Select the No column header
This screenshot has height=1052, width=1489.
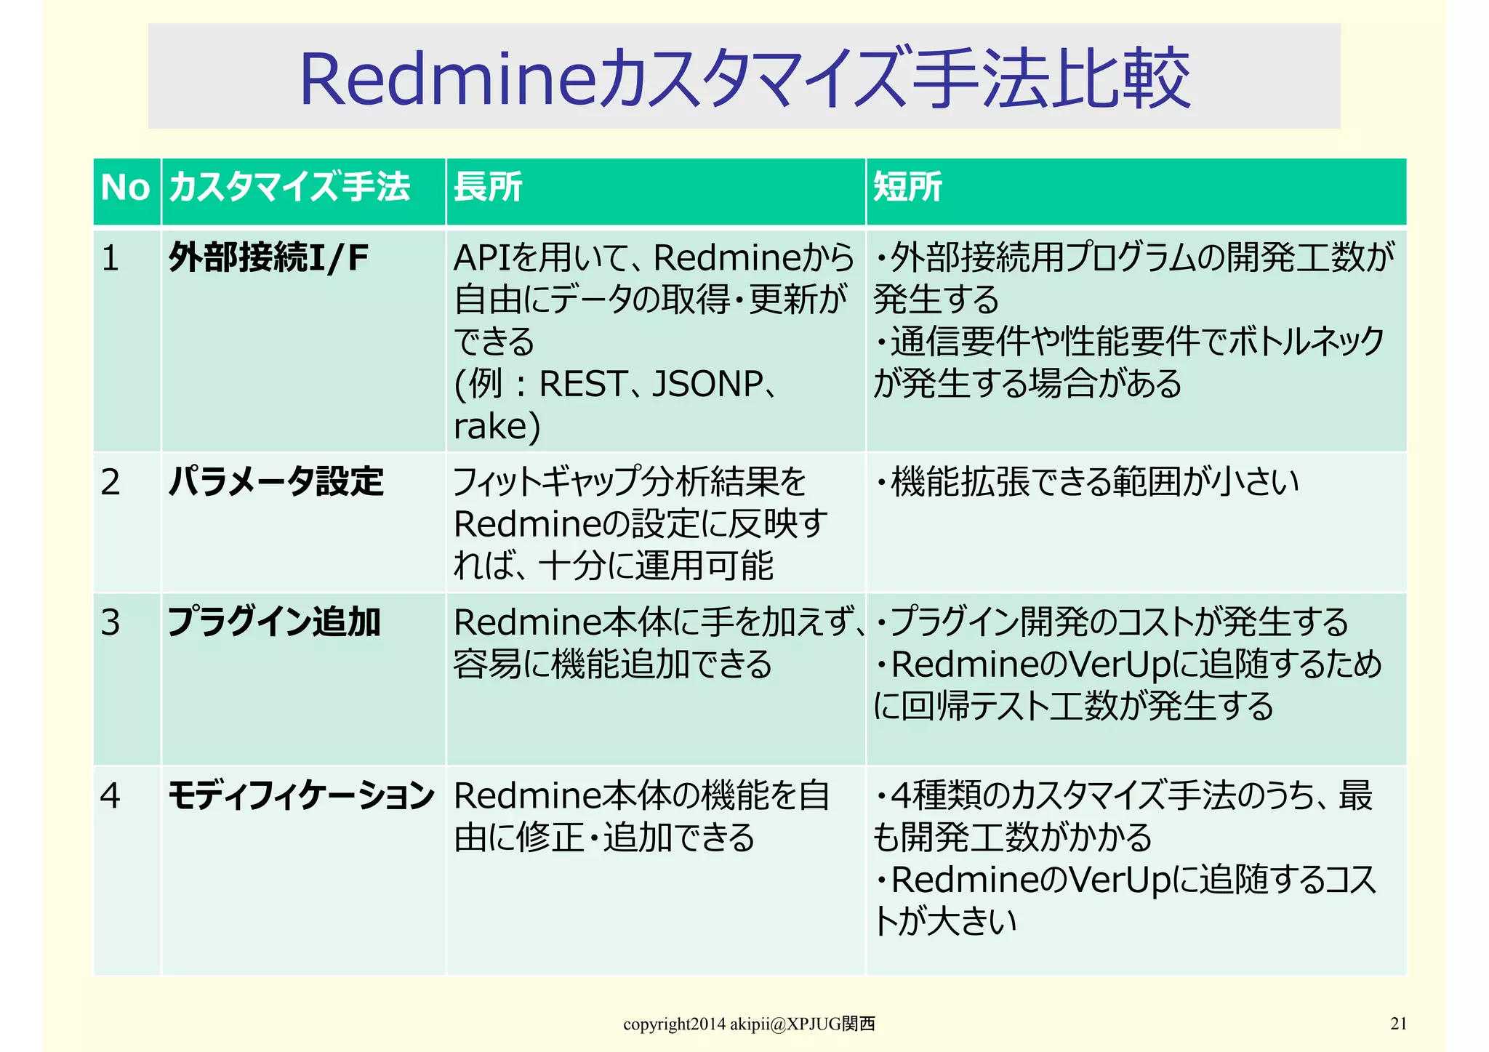[x=125, y=188]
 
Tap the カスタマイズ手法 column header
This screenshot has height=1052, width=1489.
[x=289, y=187]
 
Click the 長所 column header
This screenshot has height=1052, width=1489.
[x=488, y=187]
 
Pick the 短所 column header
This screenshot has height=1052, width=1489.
[x=907, y=187]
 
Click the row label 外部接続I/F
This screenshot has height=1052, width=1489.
[x=268, y=257]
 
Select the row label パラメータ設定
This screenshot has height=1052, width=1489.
[x=276, y=481]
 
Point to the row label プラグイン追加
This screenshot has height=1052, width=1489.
[x=274, y=622]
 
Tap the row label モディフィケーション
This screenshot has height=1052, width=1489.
[x=301, y=795]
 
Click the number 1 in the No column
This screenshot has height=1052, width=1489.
[x=111, y=258]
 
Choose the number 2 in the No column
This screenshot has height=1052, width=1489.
[x=111, y=482]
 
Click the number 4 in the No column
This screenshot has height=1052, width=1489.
[x=111, y=796]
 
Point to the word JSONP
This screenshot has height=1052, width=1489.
[x=707, y=384]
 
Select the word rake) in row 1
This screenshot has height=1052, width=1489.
[x=497, y=426]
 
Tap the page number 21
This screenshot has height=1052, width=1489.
[x=1398, y=1024]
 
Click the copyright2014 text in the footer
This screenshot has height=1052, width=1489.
[x=674, y=1024]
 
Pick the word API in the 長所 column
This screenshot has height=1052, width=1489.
[x=482, y=258]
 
